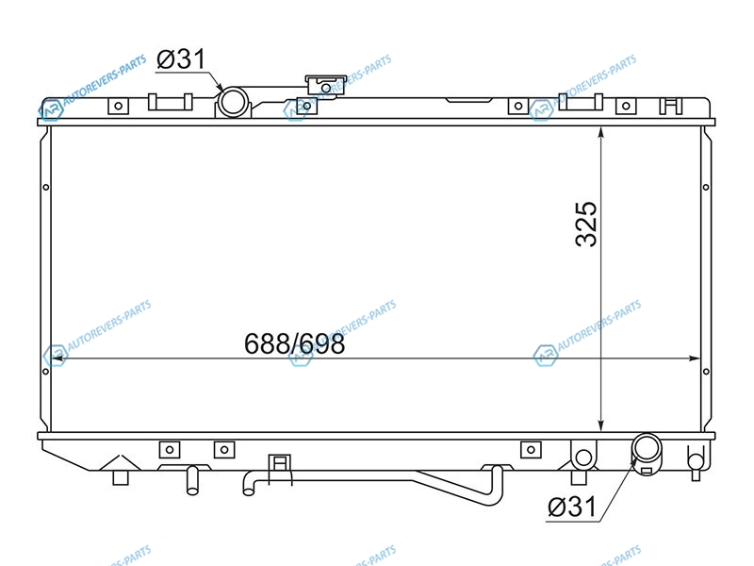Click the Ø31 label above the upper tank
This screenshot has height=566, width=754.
[x=181, y=59]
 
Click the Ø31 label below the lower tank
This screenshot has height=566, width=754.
[x=572, y=507]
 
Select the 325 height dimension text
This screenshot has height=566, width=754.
[x=586, y=225]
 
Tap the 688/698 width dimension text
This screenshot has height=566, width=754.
[x=294, y=343]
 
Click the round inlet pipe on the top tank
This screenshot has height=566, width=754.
[x=233, y=102]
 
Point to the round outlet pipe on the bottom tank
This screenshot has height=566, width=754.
[x=647, y=448]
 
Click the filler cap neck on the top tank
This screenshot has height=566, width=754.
[x=325, y=85]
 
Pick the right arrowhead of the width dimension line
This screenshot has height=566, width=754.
[x=694, y=358]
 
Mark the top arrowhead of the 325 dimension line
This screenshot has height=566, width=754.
[x=600, y=133]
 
